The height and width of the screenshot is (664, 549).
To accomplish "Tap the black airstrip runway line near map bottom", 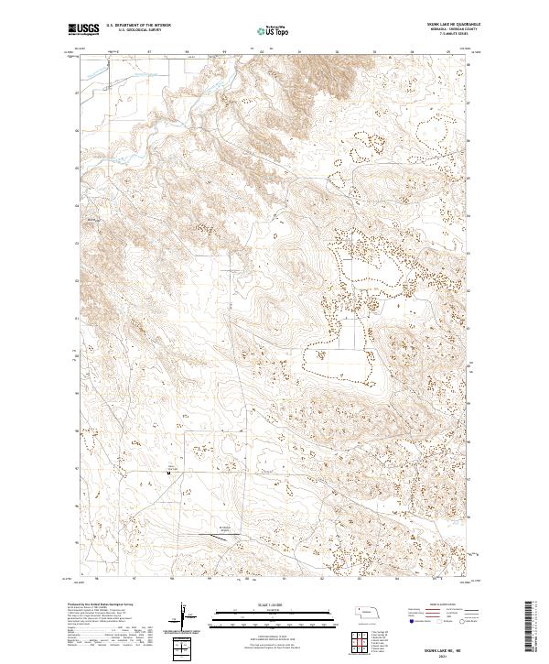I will (223, 533).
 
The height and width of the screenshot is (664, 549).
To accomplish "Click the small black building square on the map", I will (168, 473).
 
